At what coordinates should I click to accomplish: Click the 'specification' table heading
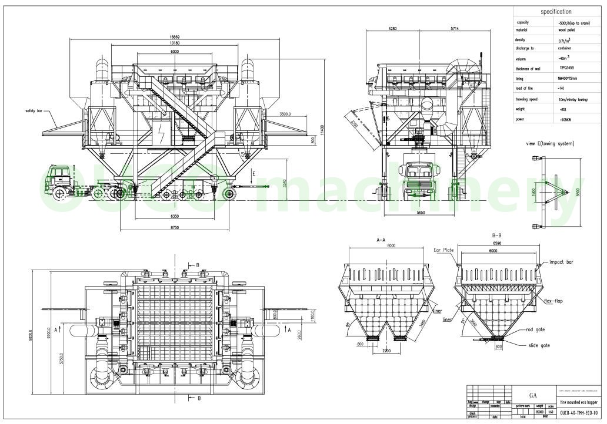coord(556,11)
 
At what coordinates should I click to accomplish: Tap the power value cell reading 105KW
coord(566,119)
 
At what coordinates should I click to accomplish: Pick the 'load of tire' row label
coord(523,88)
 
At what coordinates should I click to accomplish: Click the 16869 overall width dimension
coord(171,37)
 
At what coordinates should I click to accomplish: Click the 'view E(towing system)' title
coord(550,143)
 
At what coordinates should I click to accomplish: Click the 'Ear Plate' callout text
coord(444,250)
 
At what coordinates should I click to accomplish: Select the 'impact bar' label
coord(561,261)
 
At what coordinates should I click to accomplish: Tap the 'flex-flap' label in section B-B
coord(553,301)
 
